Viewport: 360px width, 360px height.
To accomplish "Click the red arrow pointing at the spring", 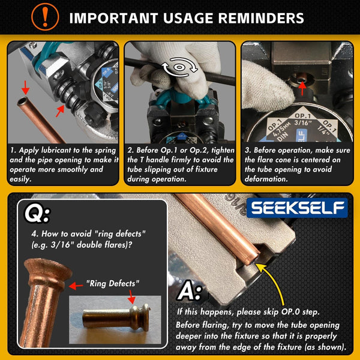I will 59,110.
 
